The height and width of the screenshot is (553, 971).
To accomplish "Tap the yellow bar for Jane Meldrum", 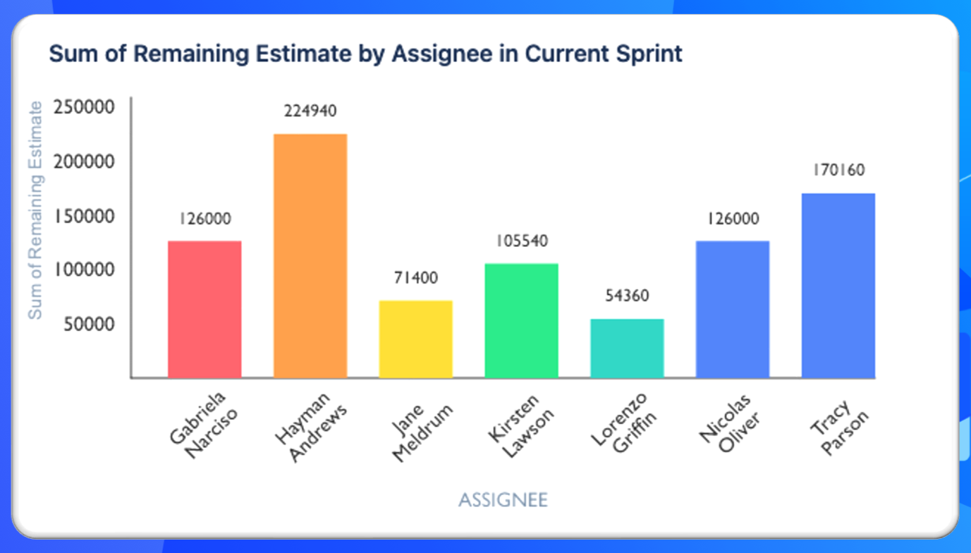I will point(415,339).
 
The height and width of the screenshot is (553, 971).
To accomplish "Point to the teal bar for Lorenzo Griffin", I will point(627,348).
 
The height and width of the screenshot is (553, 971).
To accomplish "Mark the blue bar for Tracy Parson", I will point(838,285).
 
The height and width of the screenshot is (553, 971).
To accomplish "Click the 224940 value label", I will point(310,111).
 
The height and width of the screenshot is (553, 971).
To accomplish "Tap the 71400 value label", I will point(415,278).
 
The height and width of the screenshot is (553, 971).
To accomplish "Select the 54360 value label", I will point(627,296).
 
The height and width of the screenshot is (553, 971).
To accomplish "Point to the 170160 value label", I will point(838,171).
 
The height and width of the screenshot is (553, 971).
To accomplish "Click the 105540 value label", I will point(521,241).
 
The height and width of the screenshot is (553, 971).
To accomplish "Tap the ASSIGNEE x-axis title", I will point(503,500).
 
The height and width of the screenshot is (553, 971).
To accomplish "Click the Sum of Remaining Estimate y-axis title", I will point(35,210).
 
